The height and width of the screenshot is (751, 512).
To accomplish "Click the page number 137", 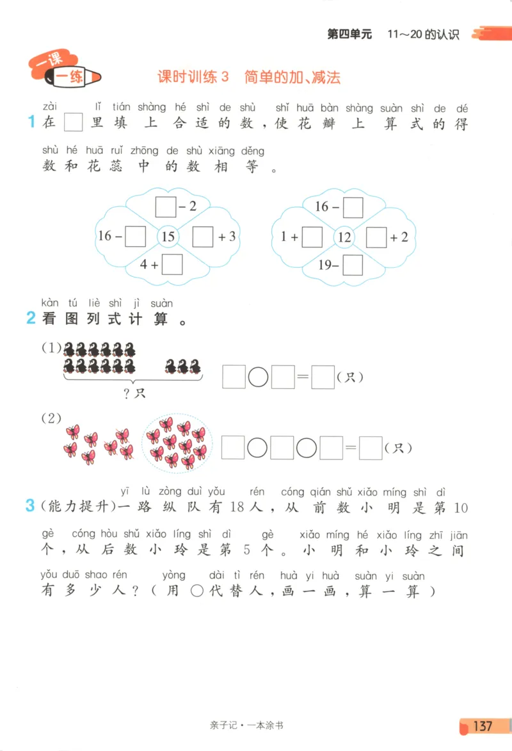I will (482, 726).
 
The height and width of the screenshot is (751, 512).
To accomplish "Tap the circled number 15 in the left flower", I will (168, 237).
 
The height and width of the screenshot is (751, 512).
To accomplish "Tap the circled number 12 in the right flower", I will (344, 237).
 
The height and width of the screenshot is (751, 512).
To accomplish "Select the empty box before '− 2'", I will (166, 207).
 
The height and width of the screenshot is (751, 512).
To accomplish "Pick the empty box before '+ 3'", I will (203, 237).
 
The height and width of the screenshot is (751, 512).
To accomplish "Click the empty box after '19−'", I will (353, 264).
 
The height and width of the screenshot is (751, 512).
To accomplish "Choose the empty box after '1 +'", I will (312, 237).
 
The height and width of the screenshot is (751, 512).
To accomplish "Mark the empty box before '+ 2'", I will (376, 237).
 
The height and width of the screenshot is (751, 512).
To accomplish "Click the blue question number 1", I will (30, 122).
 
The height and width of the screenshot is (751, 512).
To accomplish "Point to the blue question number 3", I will (29, 506).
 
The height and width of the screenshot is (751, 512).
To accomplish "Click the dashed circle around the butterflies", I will (176, 443).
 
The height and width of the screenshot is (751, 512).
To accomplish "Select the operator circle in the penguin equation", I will (258, 377).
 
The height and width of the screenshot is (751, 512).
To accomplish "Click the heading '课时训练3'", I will (193, 78).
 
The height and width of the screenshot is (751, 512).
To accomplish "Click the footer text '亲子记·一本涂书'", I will (255, 725).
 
